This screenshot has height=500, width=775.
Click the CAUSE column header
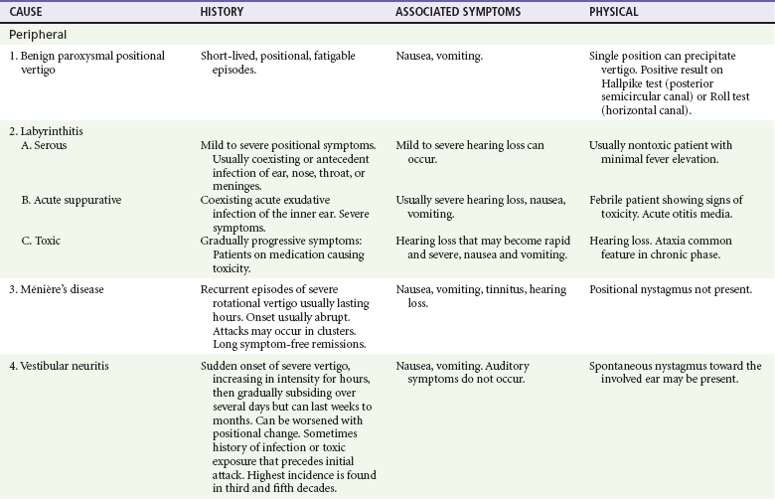point(27,12)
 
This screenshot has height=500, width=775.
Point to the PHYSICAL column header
point(614,12)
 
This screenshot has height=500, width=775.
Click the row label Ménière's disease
point(65,289)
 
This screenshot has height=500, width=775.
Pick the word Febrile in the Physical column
point(608,200)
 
